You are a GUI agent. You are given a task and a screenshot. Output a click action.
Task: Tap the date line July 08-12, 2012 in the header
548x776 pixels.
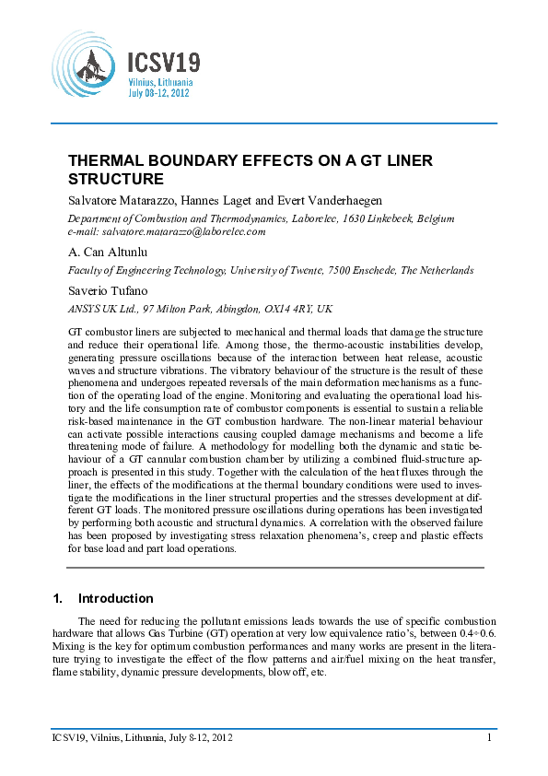[158, 94]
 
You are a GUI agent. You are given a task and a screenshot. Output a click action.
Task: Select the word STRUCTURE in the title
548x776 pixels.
[116, 179]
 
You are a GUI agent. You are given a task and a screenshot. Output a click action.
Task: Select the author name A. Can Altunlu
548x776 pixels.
[109, 252]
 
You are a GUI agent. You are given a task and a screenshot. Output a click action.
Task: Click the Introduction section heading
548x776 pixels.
[116, 598]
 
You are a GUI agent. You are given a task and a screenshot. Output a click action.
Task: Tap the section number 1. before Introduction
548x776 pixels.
[57, 598]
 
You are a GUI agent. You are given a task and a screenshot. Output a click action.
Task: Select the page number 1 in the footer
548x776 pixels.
[489, 736]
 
